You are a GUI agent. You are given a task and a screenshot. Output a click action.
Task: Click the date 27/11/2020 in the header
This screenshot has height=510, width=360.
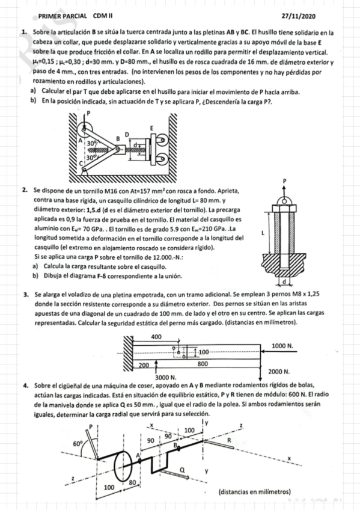(x=298, y=16)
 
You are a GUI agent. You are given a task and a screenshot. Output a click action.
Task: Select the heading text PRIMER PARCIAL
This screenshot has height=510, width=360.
(x=63, y=16)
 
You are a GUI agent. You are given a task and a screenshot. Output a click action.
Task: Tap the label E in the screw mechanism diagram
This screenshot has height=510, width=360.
(x=151, y=128)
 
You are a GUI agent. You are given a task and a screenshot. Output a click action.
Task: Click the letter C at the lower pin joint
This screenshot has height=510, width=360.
(x=82, y=164)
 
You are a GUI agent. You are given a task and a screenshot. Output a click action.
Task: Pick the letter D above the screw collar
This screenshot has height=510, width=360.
(x=127, y=134)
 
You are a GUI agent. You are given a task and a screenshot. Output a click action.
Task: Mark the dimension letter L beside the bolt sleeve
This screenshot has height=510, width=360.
(x=263, y=233)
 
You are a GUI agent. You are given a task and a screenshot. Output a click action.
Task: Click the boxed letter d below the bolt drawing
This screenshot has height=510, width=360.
(x=285, y=281)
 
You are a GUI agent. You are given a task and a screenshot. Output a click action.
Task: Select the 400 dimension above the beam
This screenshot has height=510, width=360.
(x=156, y=337)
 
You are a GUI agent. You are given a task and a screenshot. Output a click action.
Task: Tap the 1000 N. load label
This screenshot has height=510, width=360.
(x=282, y=346)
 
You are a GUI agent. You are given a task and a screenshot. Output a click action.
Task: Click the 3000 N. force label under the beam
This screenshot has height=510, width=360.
(x=166, y=378)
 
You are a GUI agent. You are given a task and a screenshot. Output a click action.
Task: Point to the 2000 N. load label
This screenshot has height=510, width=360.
(x=279, y=372)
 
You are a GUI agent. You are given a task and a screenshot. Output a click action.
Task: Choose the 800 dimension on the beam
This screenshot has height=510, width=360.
(x=203, y=364)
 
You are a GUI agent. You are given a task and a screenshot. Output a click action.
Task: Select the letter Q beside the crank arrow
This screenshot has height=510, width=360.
(x=182, y=470)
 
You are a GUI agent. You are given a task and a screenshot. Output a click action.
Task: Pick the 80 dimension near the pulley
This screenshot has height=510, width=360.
(x=132, y=483)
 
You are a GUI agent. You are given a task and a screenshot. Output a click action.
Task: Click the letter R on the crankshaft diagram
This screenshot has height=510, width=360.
(x=228, y=441)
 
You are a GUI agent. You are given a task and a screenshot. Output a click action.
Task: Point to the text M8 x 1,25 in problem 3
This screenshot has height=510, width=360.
(x=306, y=294)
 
